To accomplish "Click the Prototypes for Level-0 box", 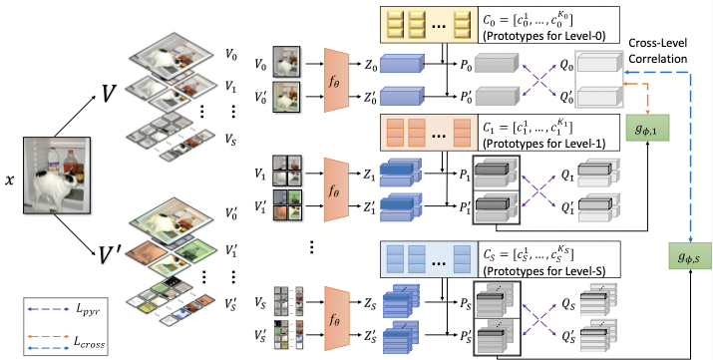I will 499,22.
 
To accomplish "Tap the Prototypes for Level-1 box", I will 499,132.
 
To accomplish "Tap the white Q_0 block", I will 599,63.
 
